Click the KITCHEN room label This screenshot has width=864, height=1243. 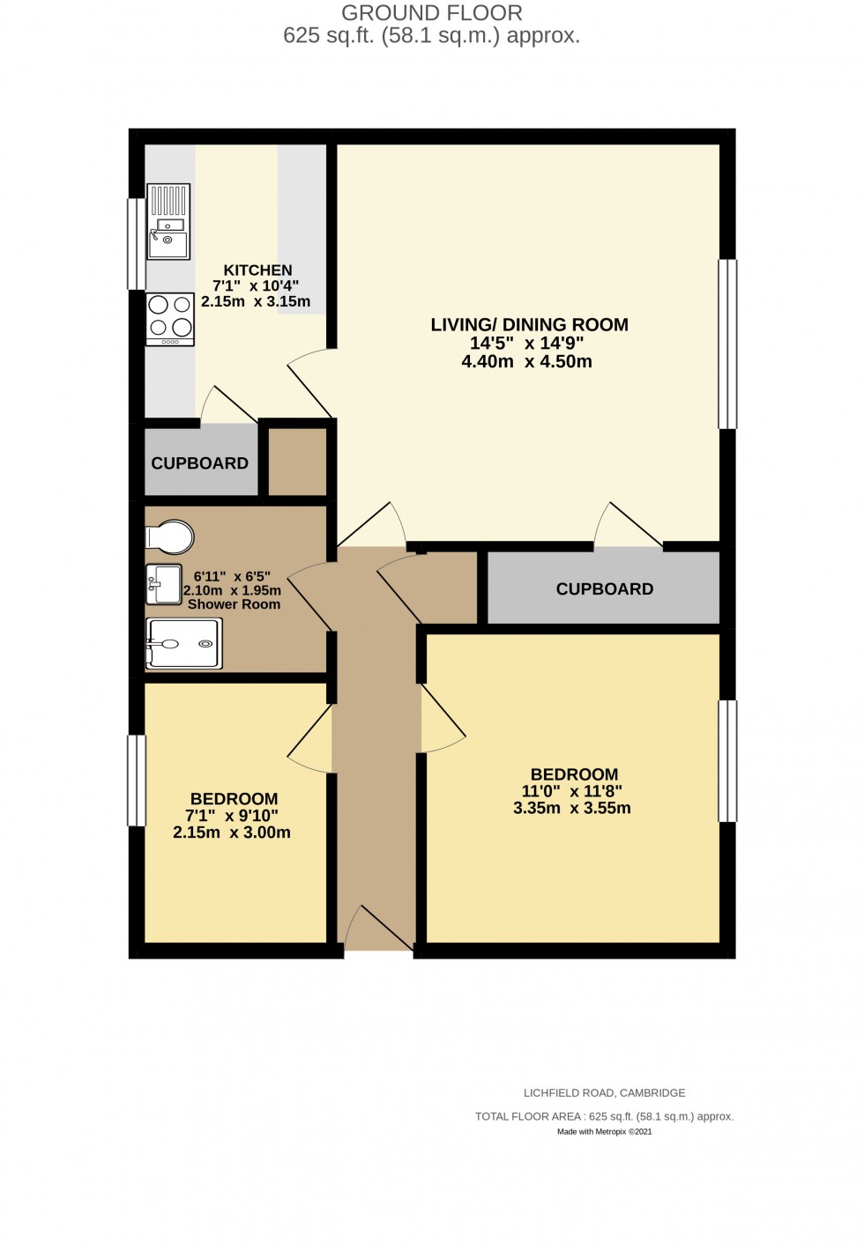[257, 270]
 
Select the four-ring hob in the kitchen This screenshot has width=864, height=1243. [170, 316]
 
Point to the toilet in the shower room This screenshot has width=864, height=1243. [170, 536]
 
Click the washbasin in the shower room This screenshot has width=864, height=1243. [164, 584]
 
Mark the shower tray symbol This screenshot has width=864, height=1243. [183, 643]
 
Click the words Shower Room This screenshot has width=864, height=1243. [234, 604]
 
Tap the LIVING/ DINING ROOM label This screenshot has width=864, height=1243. [529, 324]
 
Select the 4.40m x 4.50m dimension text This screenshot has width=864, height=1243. [526, 361]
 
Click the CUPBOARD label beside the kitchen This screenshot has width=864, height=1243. [199, 463]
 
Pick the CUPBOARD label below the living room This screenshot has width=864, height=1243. [605, 589]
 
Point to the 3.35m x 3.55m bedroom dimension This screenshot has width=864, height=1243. [572, 808]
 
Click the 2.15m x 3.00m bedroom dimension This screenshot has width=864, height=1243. [232, 832]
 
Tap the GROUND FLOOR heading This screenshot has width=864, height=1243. [432, 13]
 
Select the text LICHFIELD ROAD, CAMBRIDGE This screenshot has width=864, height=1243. [604, 1093]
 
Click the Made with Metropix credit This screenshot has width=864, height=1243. [604, 1132]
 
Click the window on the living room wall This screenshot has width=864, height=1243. [727, 344]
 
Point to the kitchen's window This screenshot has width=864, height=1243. [136, 244]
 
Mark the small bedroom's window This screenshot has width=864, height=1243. [136, 781]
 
